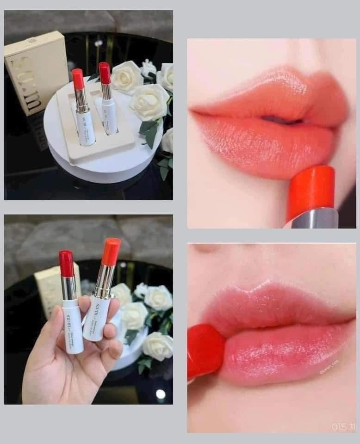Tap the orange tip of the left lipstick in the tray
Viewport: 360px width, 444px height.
pyautogui.click(x=78, y=79)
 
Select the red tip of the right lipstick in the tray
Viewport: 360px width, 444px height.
pyautogui.click(x=105, y=73)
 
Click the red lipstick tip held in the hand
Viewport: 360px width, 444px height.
pyautogui.click(x=66, y=263)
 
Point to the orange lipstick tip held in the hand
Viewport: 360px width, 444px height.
pyautogui.click(x=111, y=251)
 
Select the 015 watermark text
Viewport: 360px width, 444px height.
pyautogui.click(x=340, y=426)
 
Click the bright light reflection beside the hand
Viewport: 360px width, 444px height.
pyautogui.click(x=161, y=394)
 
